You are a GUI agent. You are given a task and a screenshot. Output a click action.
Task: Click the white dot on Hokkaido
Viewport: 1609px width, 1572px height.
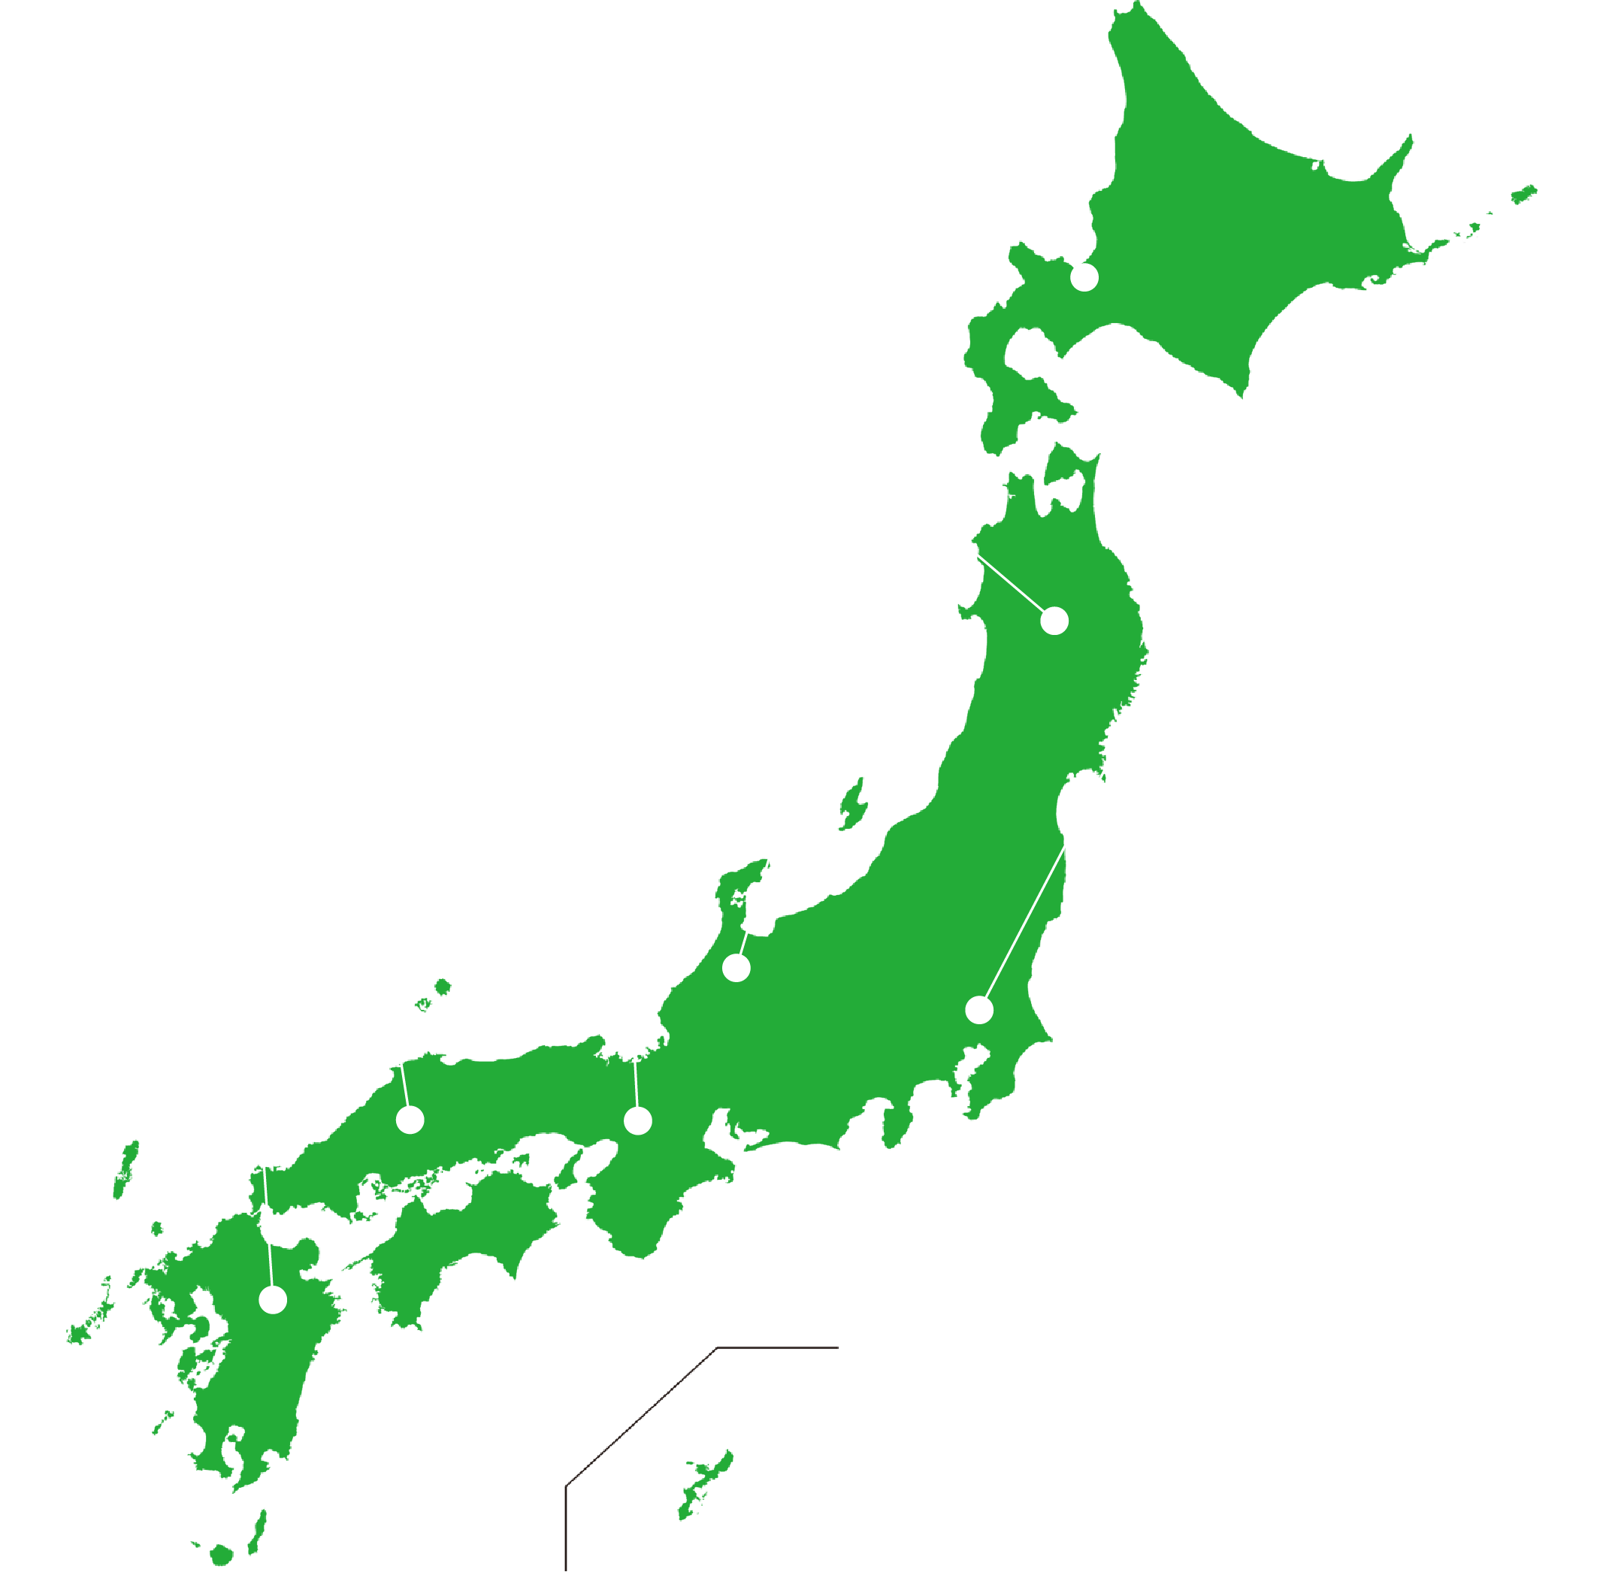click(1084, 277)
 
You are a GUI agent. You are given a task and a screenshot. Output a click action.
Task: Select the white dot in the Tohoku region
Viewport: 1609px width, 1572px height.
click(1054, 621)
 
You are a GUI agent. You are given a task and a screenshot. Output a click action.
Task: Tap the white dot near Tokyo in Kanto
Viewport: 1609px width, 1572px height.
click(979, 1010)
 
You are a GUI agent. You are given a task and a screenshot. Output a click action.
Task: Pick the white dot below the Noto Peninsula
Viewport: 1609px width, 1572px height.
click(736, 968)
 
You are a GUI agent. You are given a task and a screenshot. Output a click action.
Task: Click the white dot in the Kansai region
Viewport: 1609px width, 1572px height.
click(638, 1120)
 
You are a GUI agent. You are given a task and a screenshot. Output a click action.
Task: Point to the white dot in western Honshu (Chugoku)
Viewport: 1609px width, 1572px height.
click(410, 1120)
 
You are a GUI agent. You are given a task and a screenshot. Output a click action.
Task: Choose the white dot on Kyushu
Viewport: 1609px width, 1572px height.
click(274, 1299)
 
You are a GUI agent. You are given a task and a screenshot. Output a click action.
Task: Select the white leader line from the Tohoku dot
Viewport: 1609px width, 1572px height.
click(1011, 585)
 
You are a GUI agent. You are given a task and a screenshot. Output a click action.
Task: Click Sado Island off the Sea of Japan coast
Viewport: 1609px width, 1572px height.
click(852, 805)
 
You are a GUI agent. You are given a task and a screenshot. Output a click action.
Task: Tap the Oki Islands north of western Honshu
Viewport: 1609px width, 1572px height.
click(443, 987)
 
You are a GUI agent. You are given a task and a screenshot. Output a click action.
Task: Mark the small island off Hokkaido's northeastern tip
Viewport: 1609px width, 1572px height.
click(1523, 195)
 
